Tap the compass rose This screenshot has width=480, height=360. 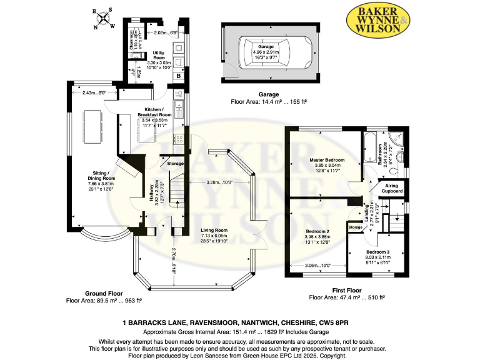coord(103,19)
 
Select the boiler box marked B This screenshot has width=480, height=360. coord(178,76)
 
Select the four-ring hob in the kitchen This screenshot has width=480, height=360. coord(179,141)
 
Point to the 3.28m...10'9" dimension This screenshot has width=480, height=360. coord(220,182)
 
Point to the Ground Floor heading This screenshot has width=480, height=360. coord(104,292)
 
